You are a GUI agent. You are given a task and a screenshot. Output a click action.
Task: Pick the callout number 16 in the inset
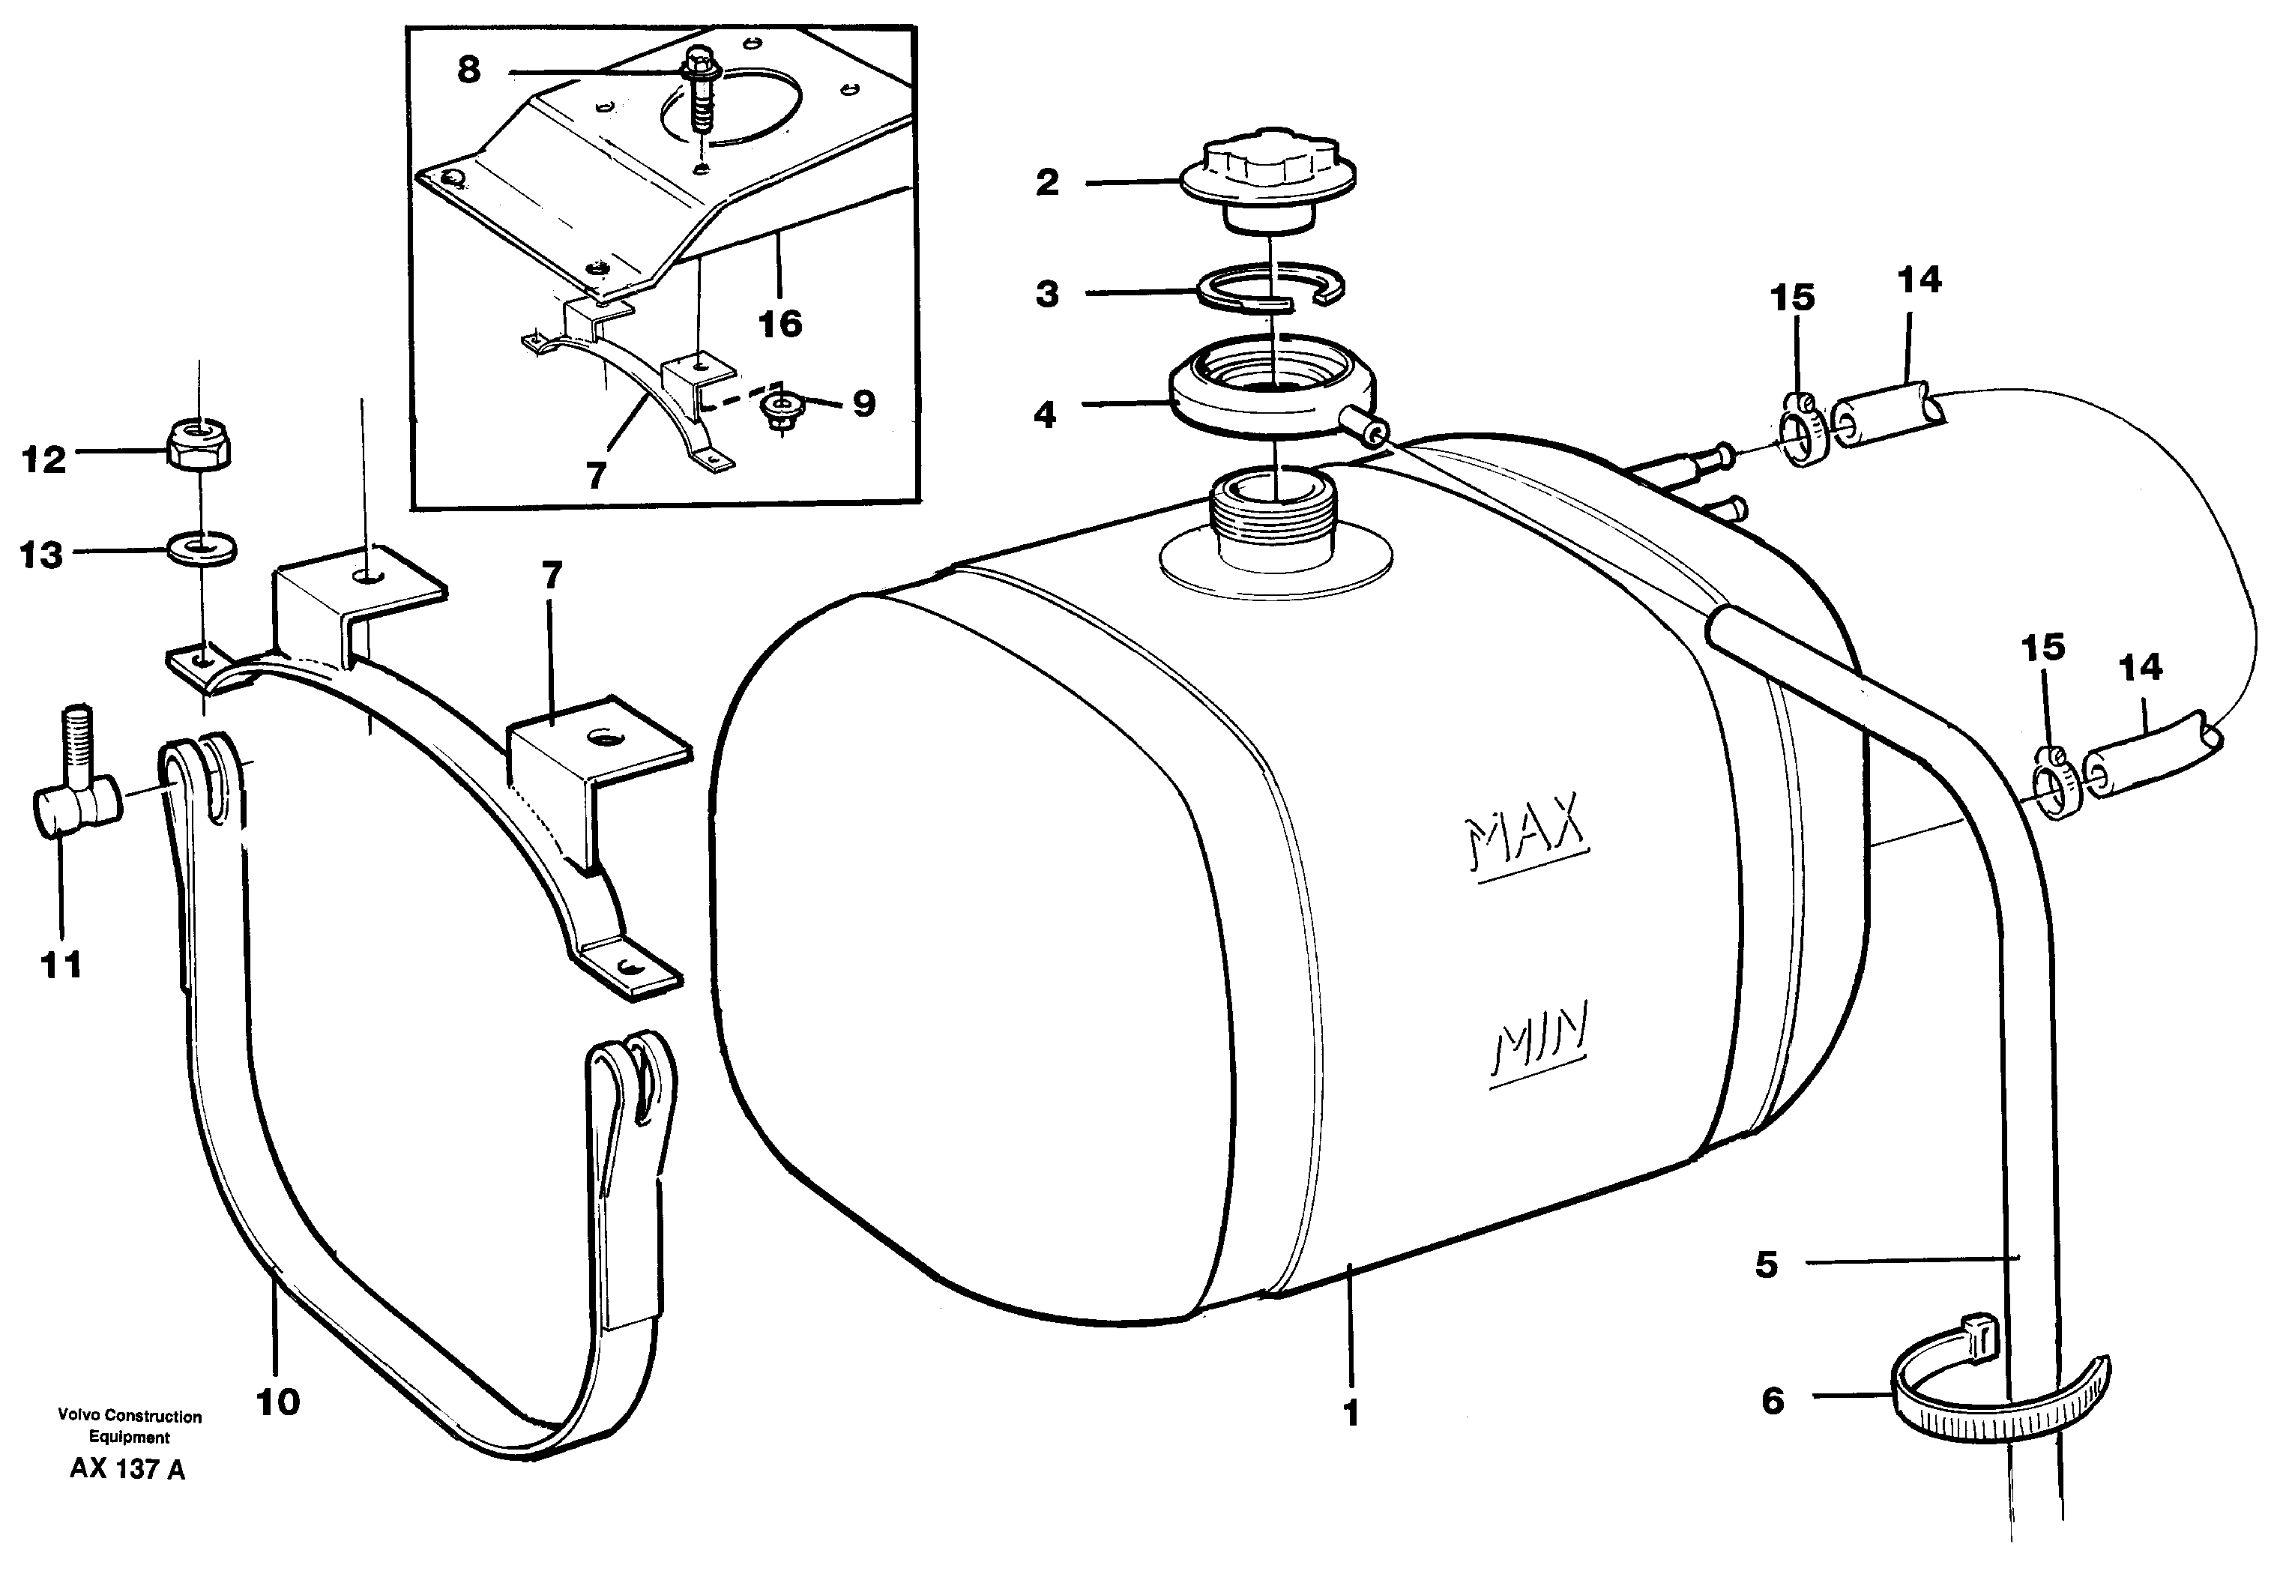coord(779,323)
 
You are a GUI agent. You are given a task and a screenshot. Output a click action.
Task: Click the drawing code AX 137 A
coord(127,1469)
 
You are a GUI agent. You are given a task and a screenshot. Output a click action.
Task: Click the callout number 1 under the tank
coord(1351,1414)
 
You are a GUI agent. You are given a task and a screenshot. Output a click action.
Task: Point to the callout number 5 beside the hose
coord(1767,1264)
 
